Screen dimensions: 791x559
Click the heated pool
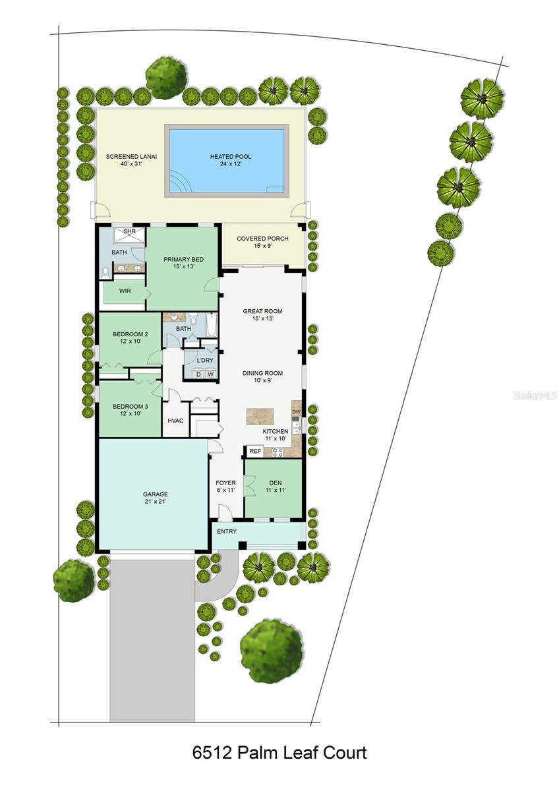coord(227,161)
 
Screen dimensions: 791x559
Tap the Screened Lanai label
coord(124,160)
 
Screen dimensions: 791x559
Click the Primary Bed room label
coord(183,263)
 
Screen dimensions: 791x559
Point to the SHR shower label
coord(129,231)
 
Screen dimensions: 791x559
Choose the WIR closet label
coord(125,291)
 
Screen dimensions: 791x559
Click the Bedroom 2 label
coord(130,337)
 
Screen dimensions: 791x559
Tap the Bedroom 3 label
coord(130,410)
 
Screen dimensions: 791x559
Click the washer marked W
coord(210,374)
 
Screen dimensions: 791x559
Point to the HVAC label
coord(175,421)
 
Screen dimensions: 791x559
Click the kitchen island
coord(260,417)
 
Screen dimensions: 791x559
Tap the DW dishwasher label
coord(297,412)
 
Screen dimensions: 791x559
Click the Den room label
coord(276,486)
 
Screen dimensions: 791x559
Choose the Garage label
coord(156,498)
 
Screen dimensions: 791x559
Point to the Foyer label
coord(225,486)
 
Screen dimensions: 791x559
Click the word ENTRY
coord(226,531)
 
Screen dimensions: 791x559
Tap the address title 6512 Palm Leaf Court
coord(279,752)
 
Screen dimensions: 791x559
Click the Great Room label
coord(262,314)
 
